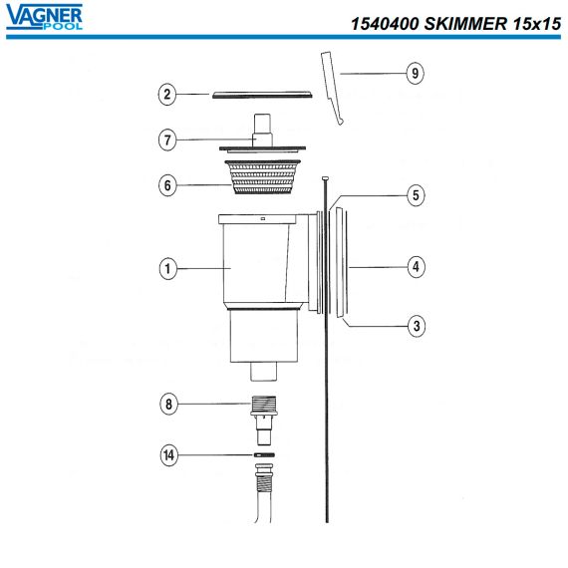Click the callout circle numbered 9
415,73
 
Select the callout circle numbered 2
167,95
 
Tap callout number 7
167,140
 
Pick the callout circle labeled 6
167,185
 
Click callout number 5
416,195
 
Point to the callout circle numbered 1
168,268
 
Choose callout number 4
416,267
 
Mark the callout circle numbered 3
417,326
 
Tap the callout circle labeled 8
168,404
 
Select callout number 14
169,455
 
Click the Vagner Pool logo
44,17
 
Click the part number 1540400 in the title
385,24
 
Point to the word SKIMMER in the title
465,24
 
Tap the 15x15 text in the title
537,24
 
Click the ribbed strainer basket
263,176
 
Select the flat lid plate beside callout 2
262,95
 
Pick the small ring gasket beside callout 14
264,455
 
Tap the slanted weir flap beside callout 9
332,89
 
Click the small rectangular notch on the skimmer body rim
263,219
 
